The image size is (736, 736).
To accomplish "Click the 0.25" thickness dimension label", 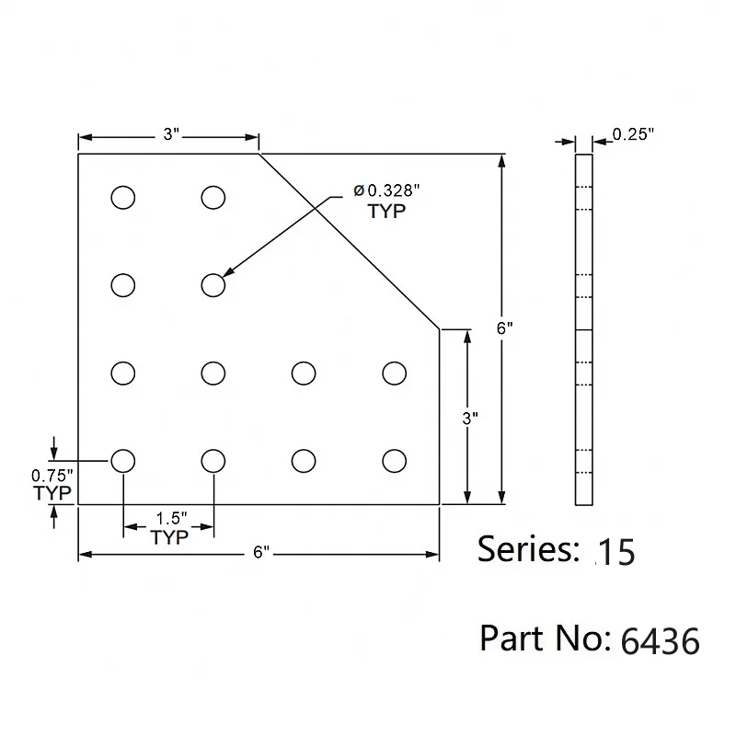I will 633,134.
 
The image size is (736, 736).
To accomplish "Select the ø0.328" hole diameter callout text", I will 385,191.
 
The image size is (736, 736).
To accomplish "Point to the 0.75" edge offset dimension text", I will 52,476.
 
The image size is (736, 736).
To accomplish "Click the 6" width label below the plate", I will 260,553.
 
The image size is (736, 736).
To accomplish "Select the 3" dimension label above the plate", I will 168,135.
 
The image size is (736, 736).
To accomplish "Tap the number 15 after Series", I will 615,552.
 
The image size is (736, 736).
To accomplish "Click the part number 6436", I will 661,639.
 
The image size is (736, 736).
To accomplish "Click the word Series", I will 527,549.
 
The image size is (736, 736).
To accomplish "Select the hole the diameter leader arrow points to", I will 213,285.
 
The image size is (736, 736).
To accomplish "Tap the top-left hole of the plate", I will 122,197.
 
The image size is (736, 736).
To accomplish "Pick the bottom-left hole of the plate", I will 122,459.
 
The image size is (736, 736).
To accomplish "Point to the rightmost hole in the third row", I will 394,373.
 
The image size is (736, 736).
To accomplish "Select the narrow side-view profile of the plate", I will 584,329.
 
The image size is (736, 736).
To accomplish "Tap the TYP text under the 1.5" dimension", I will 168,538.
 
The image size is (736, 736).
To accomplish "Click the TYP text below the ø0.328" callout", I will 386,211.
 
